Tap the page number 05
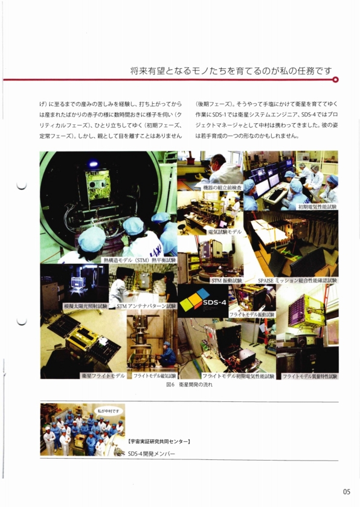(346, 491)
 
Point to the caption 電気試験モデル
(224, 231)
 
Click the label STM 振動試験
(226, 281)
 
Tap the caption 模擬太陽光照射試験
(85, 306)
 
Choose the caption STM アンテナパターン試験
(146, 306)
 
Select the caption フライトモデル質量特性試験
(309, 375)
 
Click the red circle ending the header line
(336, 79)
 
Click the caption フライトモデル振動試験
(251, 314)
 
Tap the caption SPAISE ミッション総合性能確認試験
(297, 281)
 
